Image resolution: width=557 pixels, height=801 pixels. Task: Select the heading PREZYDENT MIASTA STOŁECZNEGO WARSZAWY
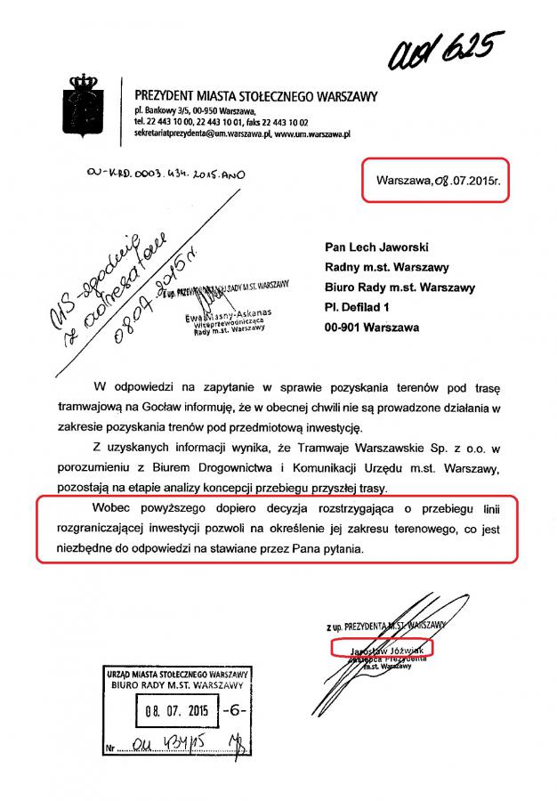click(256, 95)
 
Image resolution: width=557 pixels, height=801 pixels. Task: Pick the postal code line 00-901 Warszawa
click(367, 328)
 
